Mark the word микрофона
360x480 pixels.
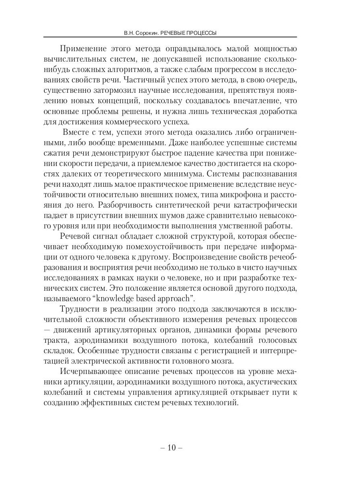[x=235, y=195]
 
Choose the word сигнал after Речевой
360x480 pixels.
[x=105, y=237]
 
